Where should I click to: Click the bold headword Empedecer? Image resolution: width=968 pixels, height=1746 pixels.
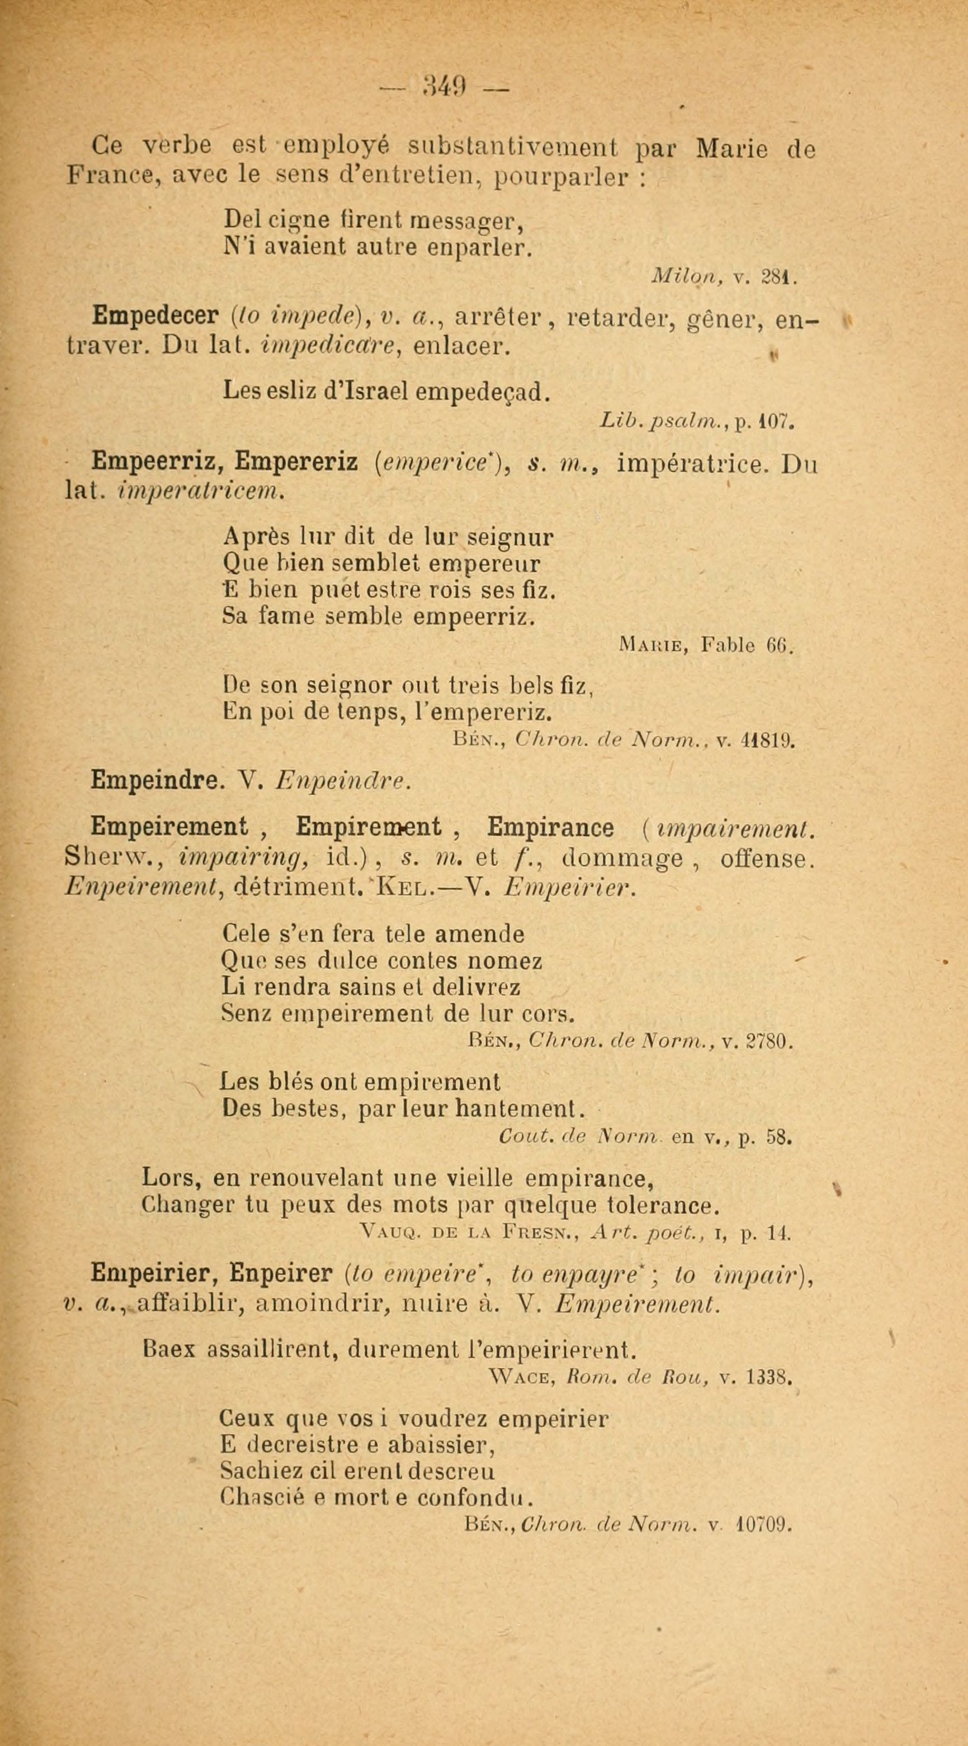[155, 316]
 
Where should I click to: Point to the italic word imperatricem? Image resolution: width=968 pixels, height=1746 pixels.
[199, 491]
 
